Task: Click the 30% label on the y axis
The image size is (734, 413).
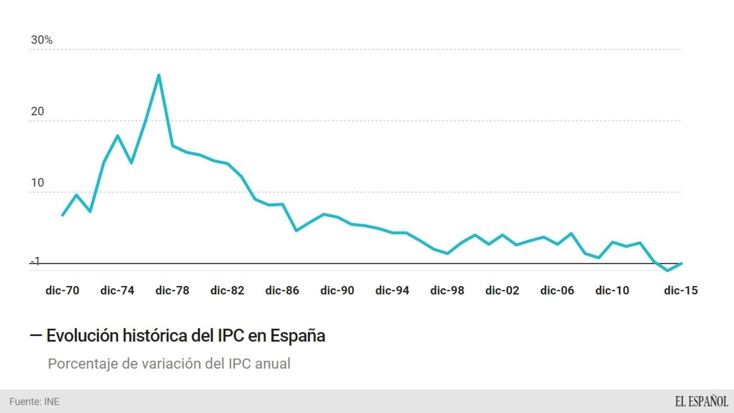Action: tap(42, 40)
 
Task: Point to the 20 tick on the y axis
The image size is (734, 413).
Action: tap(37, 111)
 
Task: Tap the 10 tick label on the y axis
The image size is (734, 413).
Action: tap(37, 183)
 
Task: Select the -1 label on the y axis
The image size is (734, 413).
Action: tap(35, 261)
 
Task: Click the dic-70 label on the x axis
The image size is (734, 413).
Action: tap(62, 290)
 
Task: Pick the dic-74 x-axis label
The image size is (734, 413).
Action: tap(117, 290)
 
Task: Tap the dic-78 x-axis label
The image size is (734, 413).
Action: tap(172, 290)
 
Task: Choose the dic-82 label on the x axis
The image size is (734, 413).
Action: tap(227, 290)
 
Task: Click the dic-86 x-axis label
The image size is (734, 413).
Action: tap(282, 290)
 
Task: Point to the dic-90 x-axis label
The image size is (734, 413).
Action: tap(337, 290)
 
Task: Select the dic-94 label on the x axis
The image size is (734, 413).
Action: tap(392, 290)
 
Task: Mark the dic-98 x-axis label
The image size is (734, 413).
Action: tap(447, 290)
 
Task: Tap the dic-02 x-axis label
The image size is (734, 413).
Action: tap(502, 290)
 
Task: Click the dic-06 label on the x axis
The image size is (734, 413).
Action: tap(557, 290)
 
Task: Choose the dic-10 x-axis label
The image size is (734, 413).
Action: tap(612, 290)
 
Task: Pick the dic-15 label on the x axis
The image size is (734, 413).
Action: tap(681, 290)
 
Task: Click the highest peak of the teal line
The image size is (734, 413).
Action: tap(159, 75)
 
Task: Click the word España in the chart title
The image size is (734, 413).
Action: tap(297, 336)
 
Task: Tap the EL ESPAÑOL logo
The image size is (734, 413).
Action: tap(701, 401)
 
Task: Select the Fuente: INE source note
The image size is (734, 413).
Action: tap(34, 402)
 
